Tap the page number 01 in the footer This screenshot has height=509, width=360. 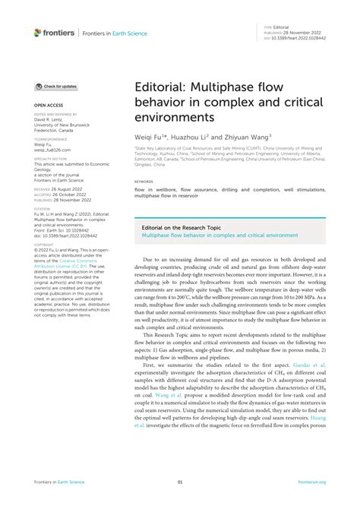click(179, 482)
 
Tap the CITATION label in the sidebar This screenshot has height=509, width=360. click(43, 207)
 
